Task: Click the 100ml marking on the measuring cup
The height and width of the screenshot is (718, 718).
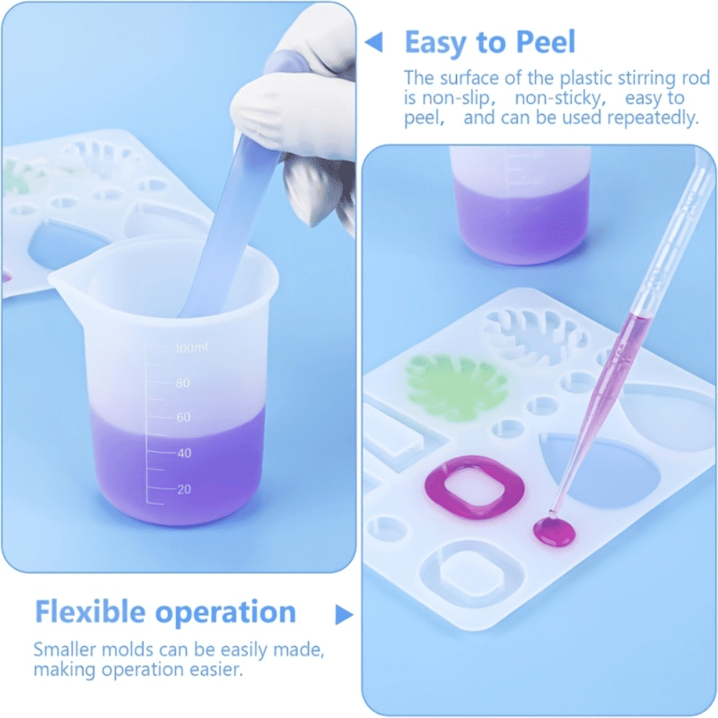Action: click(192, 348)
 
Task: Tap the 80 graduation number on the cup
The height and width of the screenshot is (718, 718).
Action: click(182, 383)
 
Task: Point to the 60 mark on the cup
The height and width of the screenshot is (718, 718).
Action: click(183, 417)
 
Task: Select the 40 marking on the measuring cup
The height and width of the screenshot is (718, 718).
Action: click(184, 453)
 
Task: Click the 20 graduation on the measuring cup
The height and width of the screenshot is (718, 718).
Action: click(184, 489)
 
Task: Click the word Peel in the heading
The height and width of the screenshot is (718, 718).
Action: click(545, 42)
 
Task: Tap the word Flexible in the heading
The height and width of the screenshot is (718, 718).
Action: click(90, 612)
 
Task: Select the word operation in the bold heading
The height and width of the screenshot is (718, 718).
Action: click(225, 614)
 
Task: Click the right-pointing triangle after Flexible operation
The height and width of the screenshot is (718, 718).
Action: click(344, 615)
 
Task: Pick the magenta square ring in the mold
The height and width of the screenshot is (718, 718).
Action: click(475, 487)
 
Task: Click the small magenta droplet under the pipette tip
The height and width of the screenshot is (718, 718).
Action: click(554, 532)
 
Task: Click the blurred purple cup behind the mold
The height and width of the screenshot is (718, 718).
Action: click(520, 206)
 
